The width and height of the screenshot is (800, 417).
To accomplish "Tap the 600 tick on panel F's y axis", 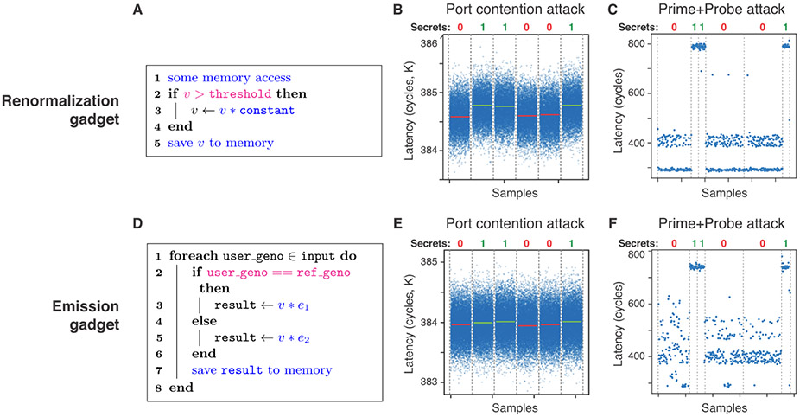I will pos(642,304).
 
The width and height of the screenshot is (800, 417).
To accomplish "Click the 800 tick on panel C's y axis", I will pos(642,43).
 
